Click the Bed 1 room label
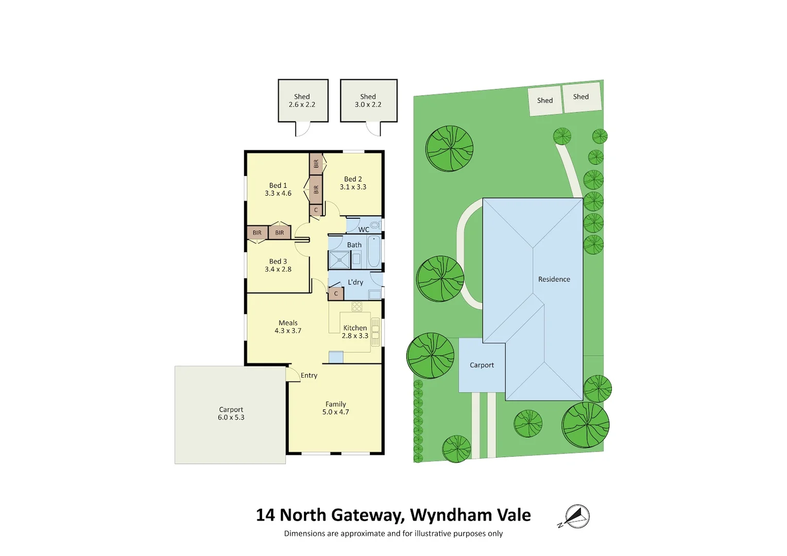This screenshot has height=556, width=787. coord(278,185)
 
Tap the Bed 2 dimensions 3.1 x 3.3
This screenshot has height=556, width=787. coord(353,187)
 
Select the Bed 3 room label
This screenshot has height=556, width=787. coord(278,262)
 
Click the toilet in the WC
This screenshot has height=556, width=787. coord(375,225)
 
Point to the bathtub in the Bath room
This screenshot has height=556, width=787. coord(374,251)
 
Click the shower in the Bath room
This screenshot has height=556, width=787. coord(339,260)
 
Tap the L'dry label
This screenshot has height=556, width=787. coord(355,282)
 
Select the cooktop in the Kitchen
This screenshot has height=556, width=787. coord(357,307)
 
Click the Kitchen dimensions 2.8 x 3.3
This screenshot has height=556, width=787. coord(355,336)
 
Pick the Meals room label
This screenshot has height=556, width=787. coord(288,323)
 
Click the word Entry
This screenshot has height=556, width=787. coord(309,375)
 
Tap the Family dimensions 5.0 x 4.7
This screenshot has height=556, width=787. coord(335,412)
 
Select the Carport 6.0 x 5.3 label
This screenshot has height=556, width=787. coord(231,413)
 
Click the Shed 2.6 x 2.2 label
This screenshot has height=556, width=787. coord(302,100)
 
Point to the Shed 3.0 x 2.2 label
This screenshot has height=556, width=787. coord(368,100)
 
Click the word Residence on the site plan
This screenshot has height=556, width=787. coord(554,279)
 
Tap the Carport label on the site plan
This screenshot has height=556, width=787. coord(482,365)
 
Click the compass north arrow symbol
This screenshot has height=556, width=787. coord(577,516)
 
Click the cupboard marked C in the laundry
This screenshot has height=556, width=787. coord(336,293)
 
